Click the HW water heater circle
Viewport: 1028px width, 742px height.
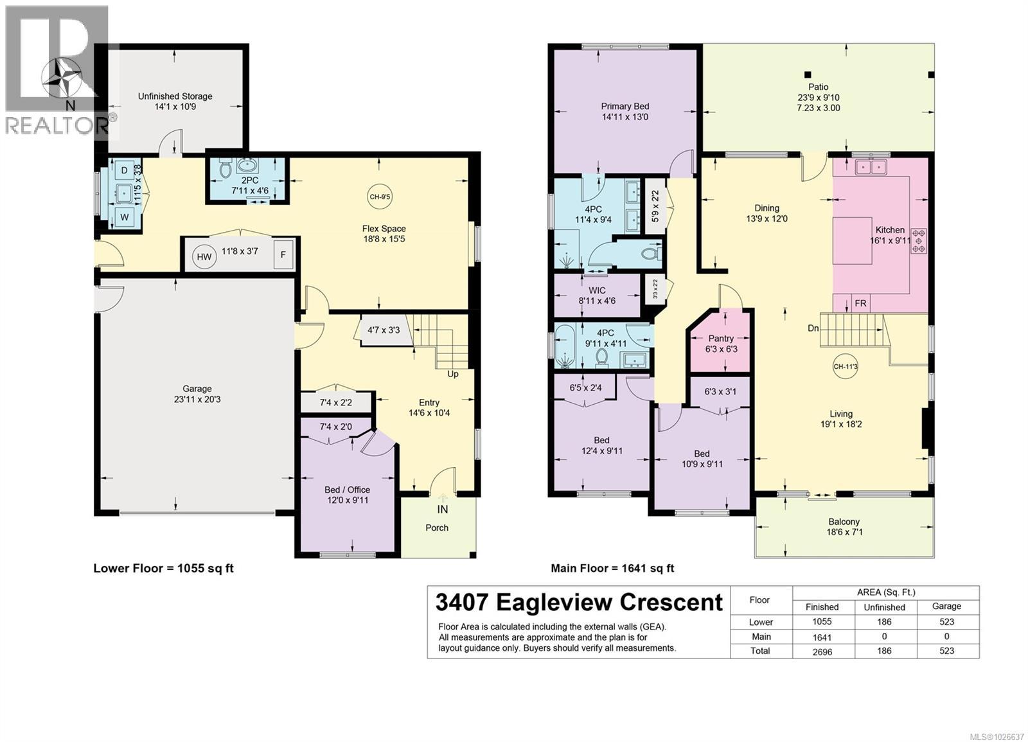click(x=204, y=257)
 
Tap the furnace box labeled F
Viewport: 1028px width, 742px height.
click(x=283, y=254)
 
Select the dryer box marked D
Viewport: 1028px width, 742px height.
click(x=125, y=171)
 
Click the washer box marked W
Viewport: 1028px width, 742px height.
click(x=125, y=217)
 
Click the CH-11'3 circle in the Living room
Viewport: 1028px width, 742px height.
click(x=845, y=367)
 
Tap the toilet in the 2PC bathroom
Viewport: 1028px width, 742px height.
click(x=225, y=170)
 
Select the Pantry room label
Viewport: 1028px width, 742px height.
click(x=721, y=339)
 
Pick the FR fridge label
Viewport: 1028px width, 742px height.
click(x=860, y=304)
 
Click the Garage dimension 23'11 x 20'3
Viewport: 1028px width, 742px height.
click(x=197, y=399)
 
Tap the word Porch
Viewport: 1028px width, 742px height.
click(x=437, y=527)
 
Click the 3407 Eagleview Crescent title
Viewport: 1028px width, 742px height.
click(x=579, y=603)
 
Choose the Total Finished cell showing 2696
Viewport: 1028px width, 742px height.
click(x=822, y=651)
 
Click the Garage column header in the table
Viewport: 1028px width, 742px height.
click(x=946, y=606)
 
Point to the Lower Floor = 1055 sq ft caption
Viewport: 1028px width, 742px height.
click(x=163, y=569)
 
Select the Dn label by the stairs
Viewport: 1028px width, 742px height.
click(x=813, y=328)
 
